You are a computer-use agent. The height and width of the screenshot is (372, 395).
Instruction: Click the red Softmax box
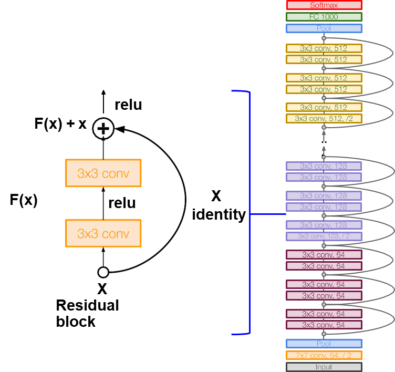click(324, 5)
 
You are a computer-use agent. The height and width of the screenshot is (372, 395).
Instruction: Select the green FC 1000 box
click(324, 17)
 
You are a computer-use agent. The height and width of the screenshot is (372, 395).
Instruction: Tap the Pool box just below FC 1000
click(324, 28)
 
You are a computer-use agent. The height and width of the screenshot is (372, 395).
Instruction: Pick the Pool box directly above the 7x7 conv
click(324, 344)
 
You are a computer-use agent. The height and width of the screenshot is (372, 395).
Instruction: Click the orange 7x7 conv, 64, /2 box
click(324, 355)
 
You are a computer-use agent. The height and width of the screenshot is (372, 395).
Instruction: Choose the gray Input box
click(324, 367)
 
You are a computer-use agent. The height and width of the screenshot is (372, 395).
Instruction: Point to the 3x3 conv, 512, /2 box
click(324, 119)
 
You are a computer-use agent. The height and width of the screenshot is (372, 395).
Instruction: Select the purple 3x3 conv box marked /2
click(324, 236)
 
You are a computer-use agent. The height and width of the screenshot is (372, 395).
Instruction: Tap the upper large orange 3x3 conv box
click(103, 173)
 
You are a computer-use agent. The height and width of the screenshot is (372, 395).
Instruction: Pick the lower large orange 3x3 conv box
click(103, 233)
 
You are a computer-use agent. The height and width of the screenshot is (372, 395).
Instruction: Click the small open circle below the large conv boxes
click(103, 272)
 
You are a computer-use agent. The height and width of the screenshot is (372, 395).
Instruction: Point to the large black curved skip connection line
click(185, 200)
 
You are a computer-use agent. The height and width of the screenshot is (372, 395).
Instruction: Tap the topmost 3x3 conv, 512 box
click(324, 48)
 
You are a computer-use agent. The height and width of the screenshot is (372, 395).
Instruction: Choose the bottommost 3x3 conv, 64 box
click(324, 325)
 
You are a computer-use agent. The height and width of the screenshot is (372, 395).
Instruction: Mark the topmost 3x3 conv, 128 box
click(324, 166)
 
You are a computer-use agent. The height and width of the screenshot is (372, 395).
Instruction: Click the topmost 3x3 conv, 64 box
click(324, 255)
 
